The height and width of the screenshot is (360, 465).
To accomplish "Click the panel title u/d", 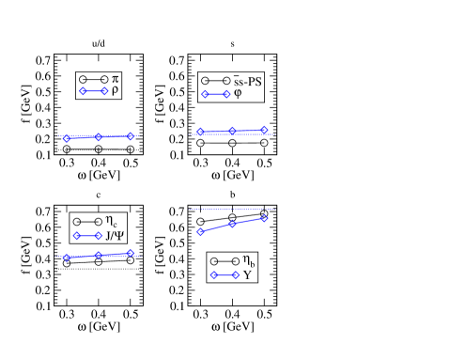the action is (99, 43).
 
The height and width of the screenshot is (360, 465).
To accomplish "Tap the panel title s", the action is (232, 44).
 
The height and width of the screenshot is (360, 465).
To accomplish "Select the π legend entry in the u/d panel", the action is (115, 79).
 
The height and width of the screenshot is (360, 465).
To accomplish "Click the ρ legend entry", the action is (115, 91).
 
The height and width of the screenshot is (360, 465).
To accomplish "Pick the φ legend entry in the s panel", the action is (238, 94).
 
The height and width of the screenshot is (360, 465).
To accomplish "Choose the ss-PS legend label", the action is (247, 81).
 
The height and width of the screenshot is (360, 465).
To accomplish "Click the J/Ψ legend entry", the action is (115, 235).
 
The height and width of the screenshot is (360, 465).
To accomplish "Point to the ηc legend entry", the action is (111, 222).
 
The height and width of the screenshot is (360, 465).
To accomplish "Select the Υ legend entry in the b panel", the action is (247, 275).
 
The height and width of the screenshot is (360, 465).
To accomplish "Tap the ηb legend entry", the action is (249, 261).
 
